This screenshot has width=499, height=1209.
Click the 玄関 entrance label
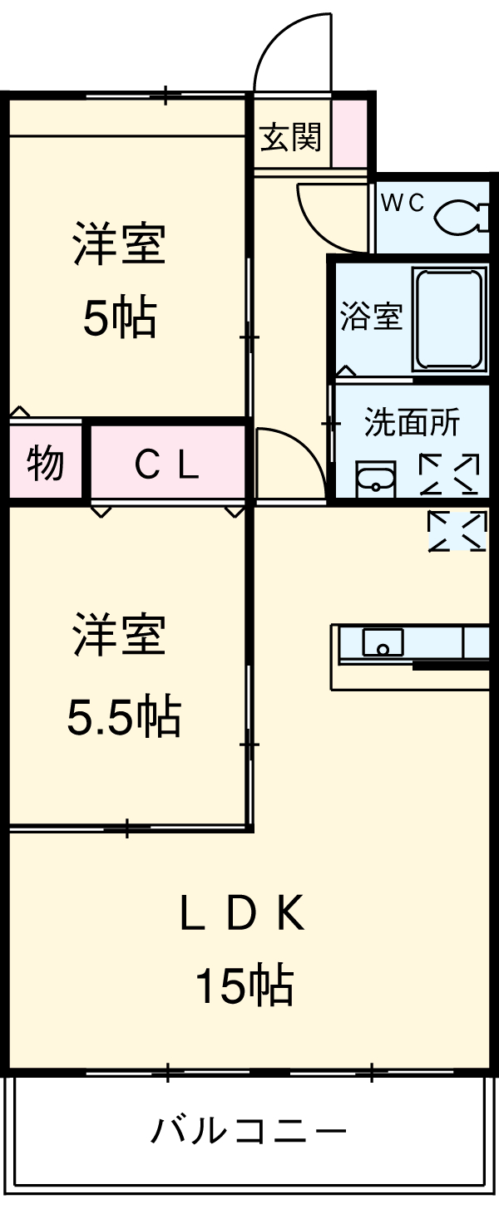(x=290, y=136)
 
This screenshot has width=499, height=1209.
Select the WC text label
(x=403, y=202)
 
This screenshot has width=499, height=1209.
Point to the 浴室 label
(x=371, y=317)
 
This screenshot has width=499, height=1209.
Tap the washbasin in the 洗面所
(x=377, y=479)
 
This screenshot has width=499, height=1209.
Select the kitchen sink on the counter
(x=383, y=642)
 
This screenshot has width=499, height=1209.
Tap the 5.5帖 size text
(x=124, y=716)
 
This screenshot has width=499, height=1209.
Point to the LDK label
(x=243, y=915)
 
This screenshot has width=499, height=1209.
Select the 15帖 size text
(x=243, y=986)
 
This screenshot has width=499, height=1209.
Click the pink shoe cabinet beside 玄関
(x=349, y=135)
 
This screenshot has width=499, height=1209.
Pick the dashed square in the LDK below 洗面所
(x=457, y=532)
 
